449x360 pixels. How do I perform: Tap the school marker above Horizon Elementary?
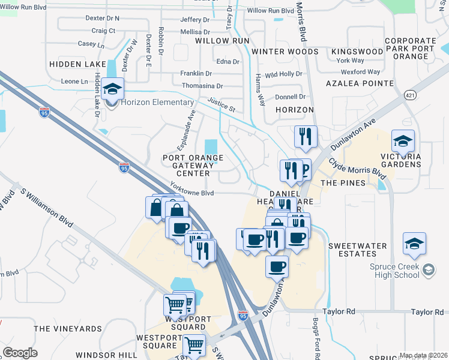(112, 89)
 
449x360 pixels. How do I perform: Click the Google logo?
(20, 352)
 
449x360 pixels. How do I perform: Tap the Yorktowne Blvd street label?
(191, 190)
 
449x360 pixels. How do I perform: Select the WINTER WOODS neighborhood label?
(284, 52)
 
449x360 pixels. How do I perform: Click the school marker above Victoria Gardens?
(403, 142)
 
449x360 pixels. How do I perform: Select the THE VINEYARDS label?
(68, 329)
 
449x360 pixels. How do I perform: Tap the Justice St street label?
(221, 105)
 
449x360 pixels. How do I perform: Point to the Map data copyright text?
(422, 355)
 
